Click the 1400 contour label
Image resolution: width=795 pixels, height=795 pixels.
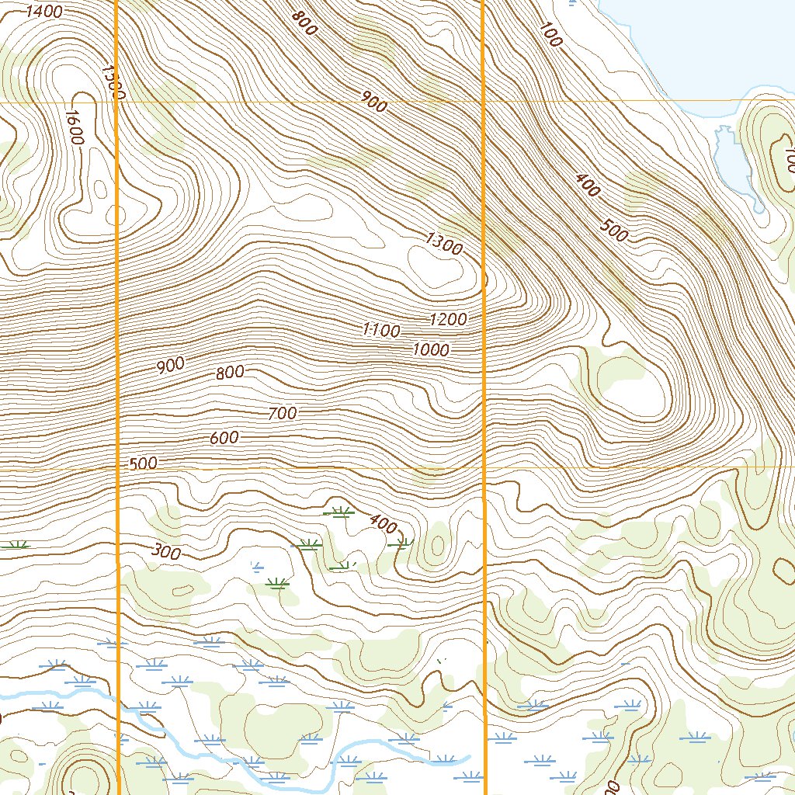click(44, 11)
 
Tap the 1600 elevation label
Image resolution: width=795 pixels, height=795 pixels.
click(75, 127)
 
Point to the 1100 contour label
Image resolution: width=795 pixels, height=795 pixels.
click(381, 331)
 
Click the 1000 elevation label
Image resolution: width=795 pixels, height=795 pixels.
click(431, 350)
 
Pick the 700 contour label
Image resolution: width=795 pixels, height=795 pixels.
click(282, 414)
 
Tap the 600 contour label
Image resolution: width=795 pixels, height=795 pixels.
click(224, 438)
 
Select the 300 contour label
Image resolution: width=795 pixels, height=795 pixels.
click(165, 553)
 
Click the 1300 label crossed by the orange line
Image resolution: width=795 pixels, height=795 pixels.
click(113, 82)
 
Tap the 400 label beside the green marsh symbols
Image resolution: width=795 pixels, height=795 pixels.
click(383, 524)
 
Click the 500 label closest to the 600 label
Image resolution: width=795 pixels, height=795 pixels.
click(143, 463)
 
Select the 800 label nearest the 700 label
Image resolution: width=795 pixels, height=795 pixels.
click(230, 373)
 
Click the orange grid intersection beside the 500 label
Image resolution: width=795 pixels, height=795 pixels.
click(117, 469)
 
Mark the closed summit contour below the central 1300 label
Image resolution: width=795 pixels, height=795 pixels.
click(434, 269)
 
